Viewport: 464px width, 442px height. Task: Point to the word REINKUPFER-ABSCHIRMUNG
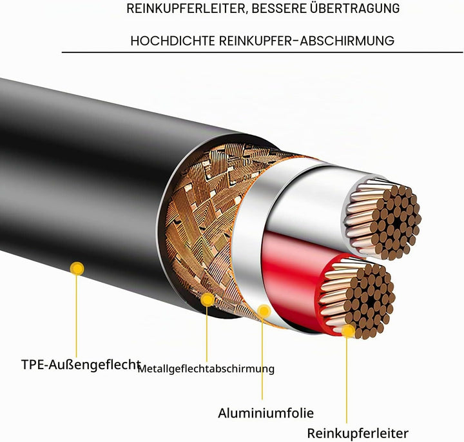coord(307,41)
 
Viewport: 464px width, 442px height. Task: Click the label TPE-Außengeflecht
coord(81,365)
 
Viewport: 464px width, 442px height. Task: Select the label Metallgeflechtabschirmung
coord(206,369)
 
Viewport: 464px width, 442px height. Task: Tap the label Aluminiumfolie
coord(266,413)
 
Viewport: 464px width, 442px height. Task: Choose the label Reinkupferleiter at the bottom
coord(358,434)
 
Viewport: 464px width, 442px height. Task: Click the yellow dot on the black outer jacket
coord(77,268)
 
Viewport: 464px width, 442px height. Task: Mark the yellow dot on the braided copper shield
coord(208,299)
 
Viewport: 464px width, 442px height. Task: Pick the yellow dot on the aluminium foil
coord(264,311)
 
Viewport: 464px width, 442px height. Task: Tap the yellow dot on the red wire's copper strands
coord(348,331)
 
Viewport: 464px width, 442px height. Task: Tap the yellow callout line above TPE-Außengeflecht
coord(76,316)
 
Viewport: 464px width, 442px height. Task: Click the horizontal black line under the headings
coord(262,52)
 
